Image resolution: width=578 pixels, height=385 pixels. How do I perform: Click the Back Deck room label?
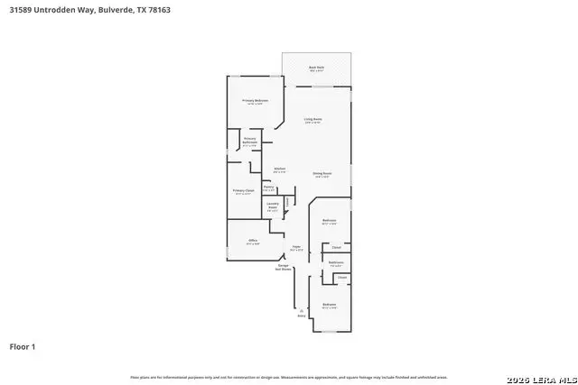click(x=315, y=68)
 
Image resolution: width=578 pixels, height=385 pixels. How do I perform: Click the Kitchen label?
click(x=280, y=170)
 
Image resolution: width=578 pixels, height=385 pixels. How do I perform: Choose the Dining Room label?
click(x=322, y=175)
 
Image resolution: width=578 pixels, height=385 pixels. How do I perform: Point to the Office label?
click(x=253, y=242)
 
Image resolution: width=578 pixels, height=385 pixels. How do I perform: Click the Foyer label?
click(x=295, y=247)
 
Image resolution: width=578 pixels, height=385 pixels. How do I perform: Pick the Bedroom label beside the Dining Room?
click(x=330, y=222)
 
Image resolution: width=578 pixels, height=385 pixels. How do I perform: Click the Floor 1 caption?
click(x=23, y=346)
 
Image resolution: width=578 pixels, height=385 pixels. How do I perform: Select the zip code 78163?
click(x=159, y=9)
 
